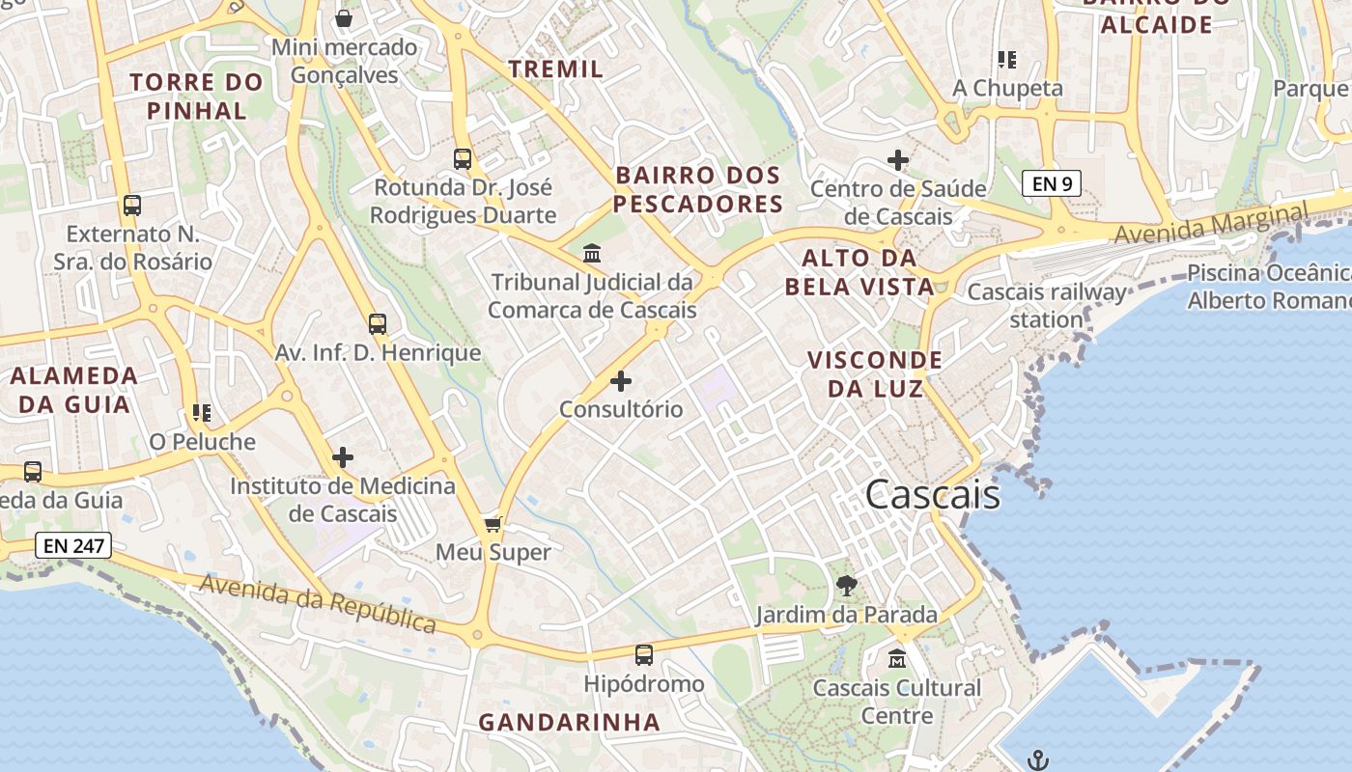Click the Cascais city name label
[x=932, y=495]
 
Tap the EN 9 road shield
[x=1051, y=183]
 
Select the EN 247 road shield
[x=73, y=545]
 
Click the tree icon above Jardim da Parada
[x=846, y=585]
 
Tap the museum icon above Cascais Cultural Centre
[x=897, y=659]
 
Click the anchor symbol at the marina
[x=1038, y=759]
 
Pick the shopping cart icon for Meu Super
[x=493, y=524]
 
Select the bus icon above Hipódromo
[x=644, y=655]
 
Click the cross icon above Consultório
[x=621, y=381]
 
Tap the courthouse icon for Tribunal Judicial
[x=592, y=254]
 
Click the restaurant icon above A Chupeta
[x=1007, y=60]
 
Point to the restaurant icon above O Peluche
[x=202, y=413]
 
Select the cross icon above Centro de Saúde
[x=898, y=160]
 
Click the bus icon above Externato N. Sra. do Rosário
[x=132, y=206]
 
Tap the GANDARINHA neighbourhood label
[x=570, y=722]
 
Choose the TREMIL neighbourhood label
[x=555, y=69]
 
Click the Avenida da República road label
[x=318, y=603]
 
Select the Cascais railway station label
[x=1047, y=305]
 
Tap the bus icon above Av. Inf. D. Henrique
[x=378, y=324]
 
